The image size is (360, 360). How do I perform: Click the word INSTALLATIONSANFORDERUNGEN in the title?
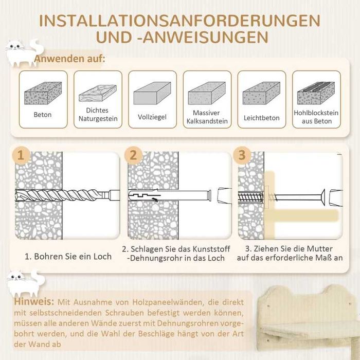(179, 21)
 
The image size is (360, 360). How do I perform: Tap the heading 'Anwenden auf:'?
(69, 59)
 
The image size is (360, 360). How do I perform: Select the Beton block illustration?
(43, 93)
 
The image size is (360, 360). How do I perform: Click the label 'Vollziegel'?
(152, 117)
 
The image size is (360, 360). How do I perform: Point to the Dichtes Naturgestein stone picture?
(98, 93)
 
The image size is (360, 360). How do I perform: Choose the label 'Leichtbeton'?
(261, 118)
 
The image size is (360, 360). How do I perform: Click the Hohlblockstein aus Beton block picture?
(316, 93)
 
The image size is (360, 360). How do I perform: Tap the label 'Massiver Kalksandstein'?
(207, 117)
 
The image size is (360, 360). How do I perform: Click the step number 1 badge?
(21, 155)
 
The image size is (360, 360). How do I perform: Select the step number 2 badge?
(133, 155)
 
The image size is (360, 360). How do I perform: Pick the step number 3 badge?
(242, 155)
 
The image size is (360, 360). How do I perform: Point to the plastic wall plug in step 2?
(170, 195)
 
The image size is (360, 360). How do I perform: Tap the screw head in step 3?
(323, 197)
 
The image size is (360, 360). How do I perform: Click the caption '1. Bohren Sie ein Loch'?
(68, 257)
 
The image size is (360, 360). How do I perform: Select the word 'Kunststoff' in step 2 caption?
(211, 249)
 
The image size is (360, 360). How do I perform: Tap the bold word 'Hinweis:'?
(34, 301)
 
